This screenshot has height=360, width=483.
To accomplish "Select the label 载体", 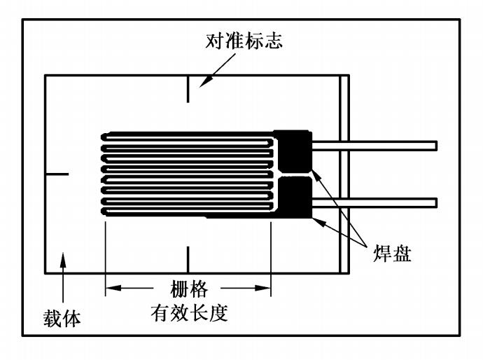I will [59, 319].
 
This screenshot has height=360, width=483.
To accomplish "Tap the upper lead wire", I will [374, 146].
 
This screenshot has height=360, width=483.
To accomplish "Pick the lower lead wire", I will [374, 202].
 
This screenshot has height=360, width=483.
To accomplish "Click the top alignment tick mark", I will [188, 90].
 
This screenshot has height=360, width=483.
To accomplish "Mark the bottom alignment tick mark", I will [188, 259].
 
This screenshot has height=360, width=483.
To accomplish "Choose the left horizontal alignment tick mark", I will [57, 173].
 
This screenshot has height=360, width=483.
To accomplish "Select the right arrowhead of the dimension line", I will [263, 288].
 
